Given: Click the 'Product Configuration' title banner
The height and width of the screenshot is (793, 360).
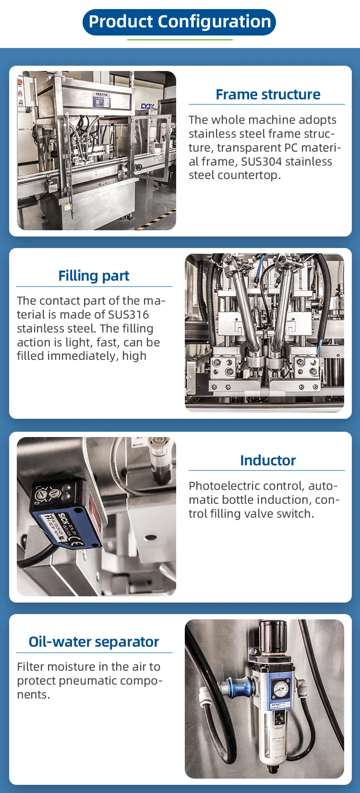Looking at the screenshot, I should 180,22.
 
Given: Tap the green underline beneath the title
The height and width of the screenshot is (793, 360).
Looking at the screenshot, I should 180,40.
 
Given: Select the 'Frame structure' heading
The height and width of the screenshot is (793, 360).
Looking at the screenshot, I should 267,95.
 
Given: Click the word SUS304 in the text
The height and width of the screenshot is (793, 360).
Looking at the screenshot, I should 262,162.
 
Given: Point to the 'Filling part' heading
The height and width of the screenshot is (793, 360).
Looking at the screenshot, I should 94,276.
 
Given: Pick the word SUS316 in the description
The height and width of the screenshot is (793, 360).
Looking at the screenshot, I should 128,315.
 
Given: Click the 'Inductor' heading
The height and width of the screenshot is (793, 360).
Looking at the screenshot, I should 267,461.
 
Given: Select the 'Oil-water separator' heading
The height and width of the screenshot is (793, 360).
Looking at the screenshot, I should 94,642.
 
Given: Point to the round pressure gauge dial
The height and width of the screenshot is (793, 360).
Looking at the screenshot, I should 279,689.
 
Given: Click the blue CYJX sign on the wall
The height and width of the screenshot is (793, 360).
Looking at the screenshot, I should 147,106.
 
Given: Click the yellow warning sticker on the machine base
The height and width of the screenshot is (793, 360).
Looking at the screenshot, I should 67,207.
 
